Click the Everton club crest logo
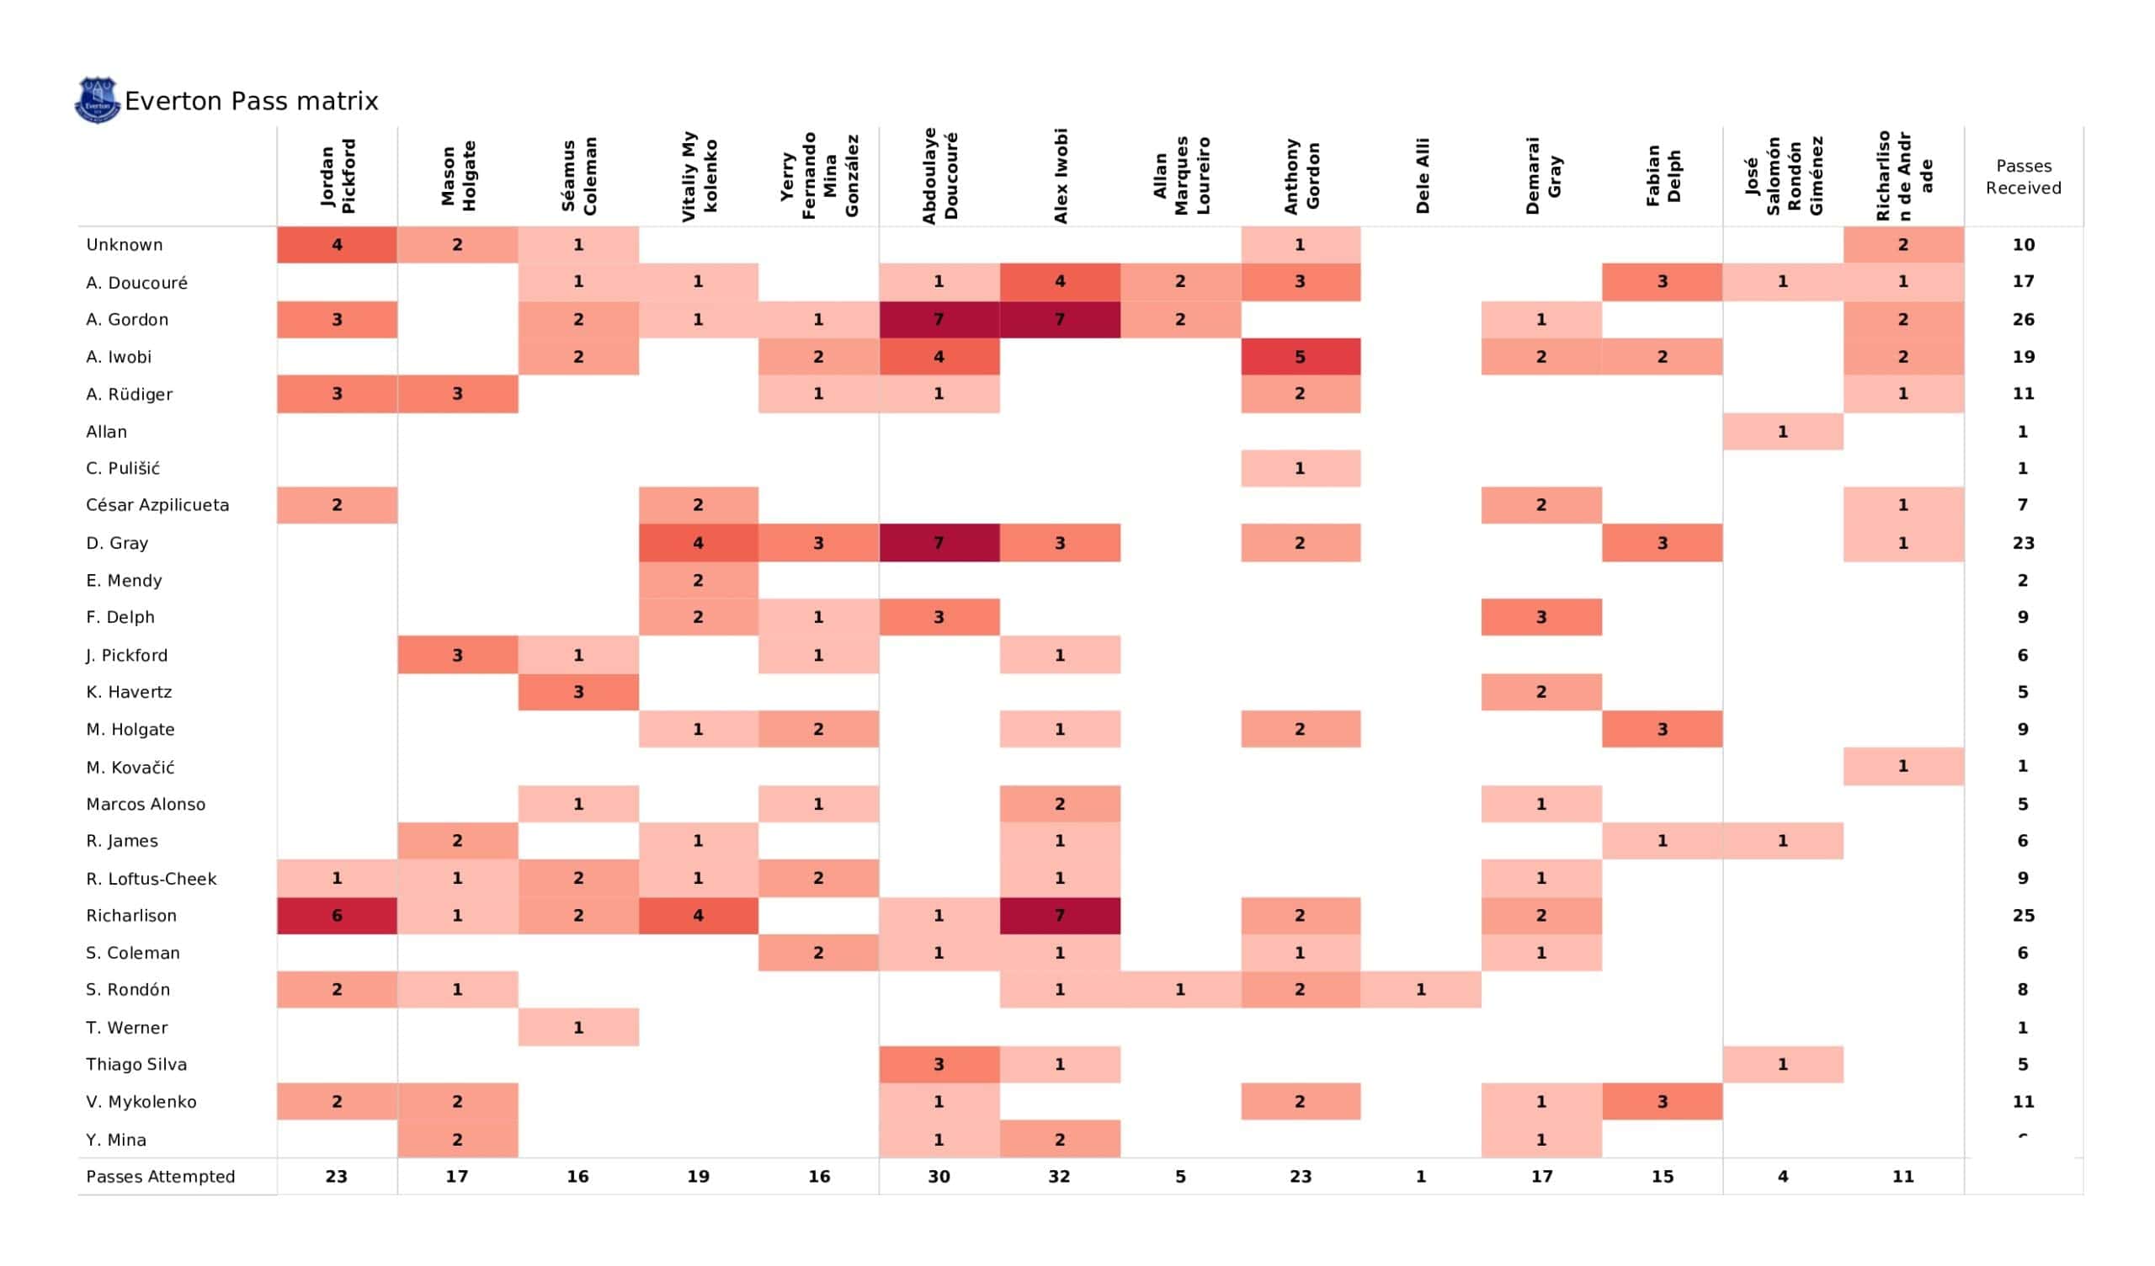point(97,100)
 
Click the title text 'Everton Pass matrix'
point(252,101)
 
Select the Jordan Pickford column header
point(337,175)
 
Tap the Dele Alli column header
point(1421,175)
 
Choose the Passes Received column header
point(2023,177)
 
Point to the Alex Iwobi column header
point(1061,175)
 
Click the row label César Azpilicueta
point(157,506)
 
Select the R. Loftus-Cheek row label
point(152,879)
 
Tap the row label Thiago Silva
point(136,1064)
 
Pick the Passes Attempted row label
point(160,1176)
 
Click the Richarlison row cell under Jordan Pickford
point(337,915)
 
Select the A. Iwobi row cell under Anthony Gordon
point(1300,357)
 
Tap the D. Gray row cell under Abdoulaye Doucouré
point(939,543)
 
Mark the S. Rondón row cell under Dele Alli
point(1420,990)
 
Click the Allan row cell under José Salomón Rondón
point(1782,432)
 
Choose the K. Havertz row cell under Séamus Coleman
point(578,692)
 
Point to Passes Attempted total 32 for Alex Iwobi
point(1060,1176)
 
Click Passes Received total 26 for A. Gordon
point(2023,319)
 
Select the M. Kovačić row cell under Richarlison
point(1902,767)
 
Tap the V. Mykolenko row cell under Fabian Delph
point(1662,1102)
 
